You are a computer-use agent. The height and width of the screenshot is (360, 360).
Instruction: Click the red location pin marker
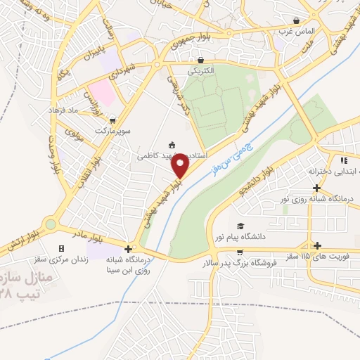coord(182,166)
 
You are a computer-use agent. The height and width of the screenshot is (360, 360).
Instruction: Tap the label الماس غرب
coord(297,32)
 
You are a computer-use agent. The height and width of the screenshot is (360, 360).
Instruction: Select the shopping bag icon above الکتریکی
coord(201,60)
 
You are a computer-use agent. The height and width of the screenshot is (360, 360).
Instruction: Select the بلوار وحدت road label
coord(51,154)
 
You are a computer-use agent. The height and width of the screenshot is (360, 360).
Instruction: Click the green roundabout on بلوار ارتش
coord(50,226)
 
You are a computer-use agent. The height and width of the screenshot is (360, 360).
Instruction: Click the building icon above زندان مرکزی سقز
coord(61,248)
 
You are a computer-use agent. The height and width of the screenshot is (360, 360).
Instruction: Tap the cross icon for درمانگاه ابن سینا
coord(128,248)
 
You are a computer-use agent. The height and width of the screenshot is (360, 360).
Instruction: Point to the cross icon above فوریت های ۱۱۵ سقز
coord(318,245)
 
